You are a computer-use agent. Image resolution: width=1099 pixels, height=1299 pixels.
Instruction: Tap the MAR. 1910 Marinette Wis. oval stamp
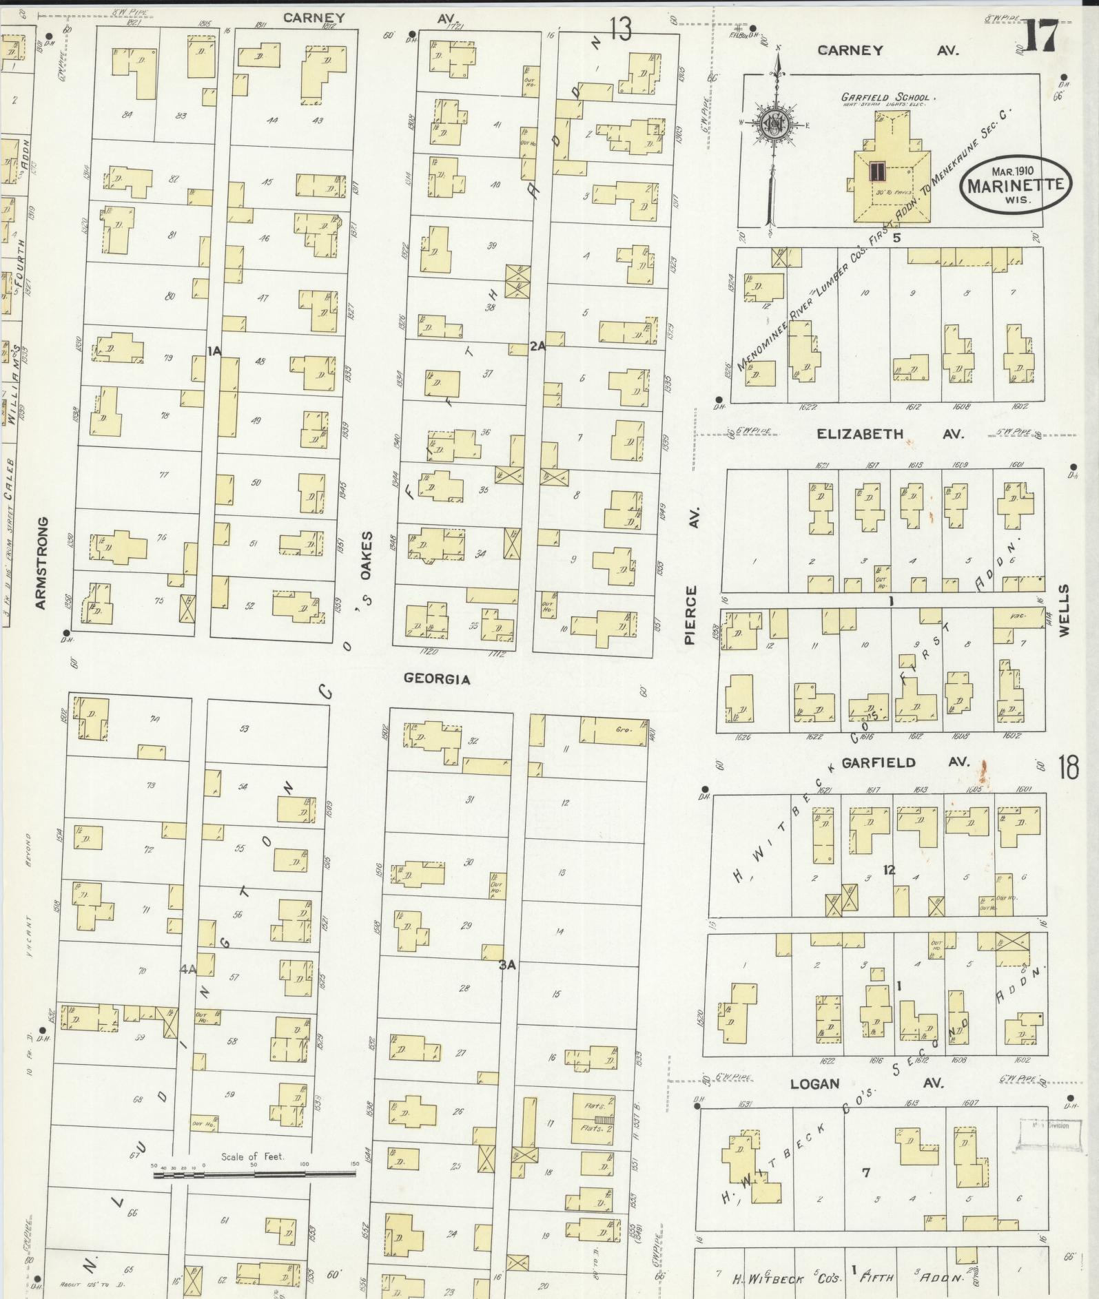click(1016, 184)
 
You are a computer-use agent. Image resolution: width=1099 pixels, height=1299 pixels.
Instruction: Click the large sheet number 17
click(1043, 36)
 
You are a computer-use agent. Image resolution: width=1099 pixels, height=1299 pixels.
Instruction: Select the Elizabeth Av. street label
click(890, 434)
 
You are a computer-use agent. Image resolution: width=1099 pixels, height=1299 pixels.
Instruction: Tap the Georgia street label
click(437, 679)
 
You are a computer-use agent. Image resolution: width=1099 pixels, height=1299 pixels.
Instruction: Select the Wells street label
click(1065, 610)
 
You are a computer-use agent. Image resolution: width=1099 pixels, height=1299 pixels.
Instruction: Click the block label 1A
click(214, 351)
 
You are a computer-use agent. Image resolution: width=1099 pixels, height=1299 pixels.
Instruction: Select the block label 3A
click(507, 966)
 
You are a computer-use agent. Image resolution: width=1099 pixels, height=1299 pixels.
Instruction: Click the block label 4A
click(188, 969)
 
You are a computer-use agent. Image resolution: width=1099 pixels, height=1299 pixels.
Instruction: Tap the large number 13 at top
click(619, 30)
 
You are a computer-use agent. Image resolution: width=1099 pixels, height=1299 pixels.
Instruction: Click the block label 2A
click(537, 346)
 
